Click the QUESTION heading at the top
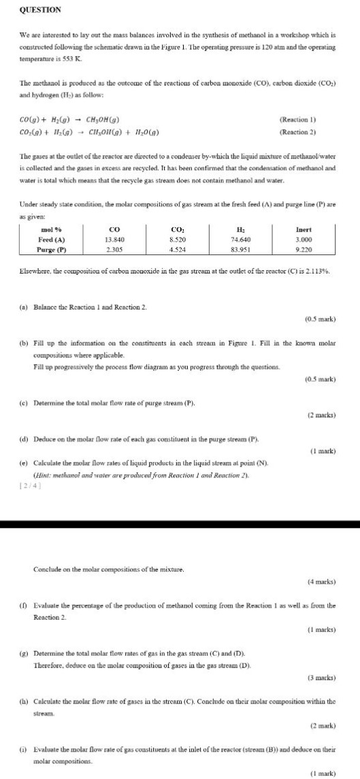pos(42,10)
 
